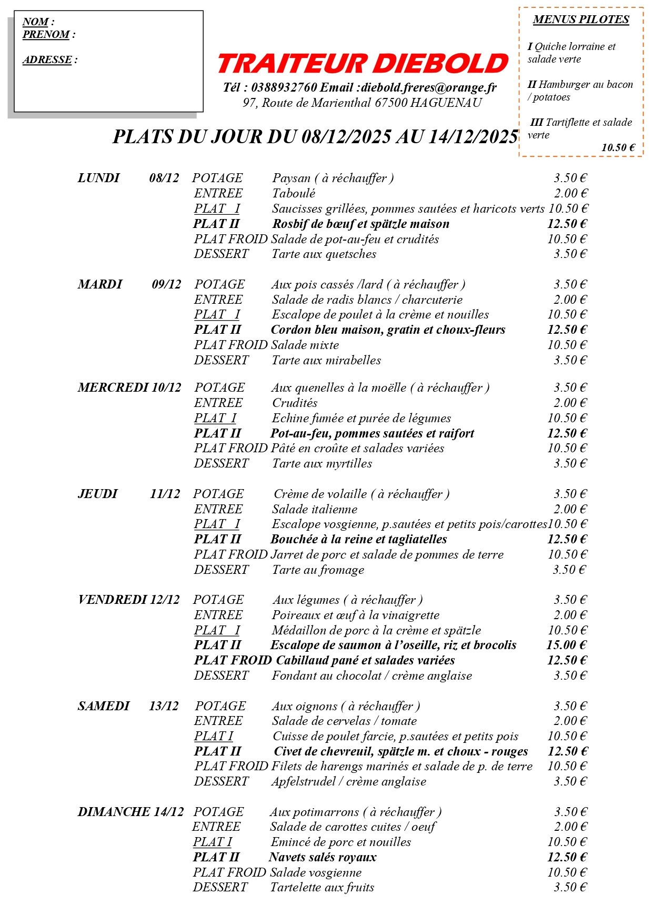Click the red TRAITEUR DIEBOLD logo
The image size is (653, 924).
point(363,63)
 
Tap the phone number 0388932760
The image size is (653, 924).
point(284,87)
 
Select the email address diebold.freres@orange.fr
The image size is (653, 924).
point(429,87)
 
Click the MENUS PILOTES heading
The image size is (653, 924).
point(581,20)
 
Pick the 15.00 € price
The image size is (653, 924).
point(566,645)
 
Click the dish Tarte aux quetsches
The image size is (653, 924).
point(324,254)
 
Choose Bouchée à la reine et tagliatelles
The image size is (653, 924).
point(359,539)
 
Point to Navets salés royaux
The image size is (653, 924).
point(323,857)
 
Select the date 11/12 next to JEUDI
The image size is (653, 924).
point(165,494)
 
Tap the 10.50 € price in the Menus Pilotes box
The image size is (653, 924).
point(618,148)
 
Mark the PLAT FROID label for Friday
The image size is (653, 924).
point(233,660)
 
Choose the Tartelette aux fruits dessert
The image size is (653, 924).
point(322,888)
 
